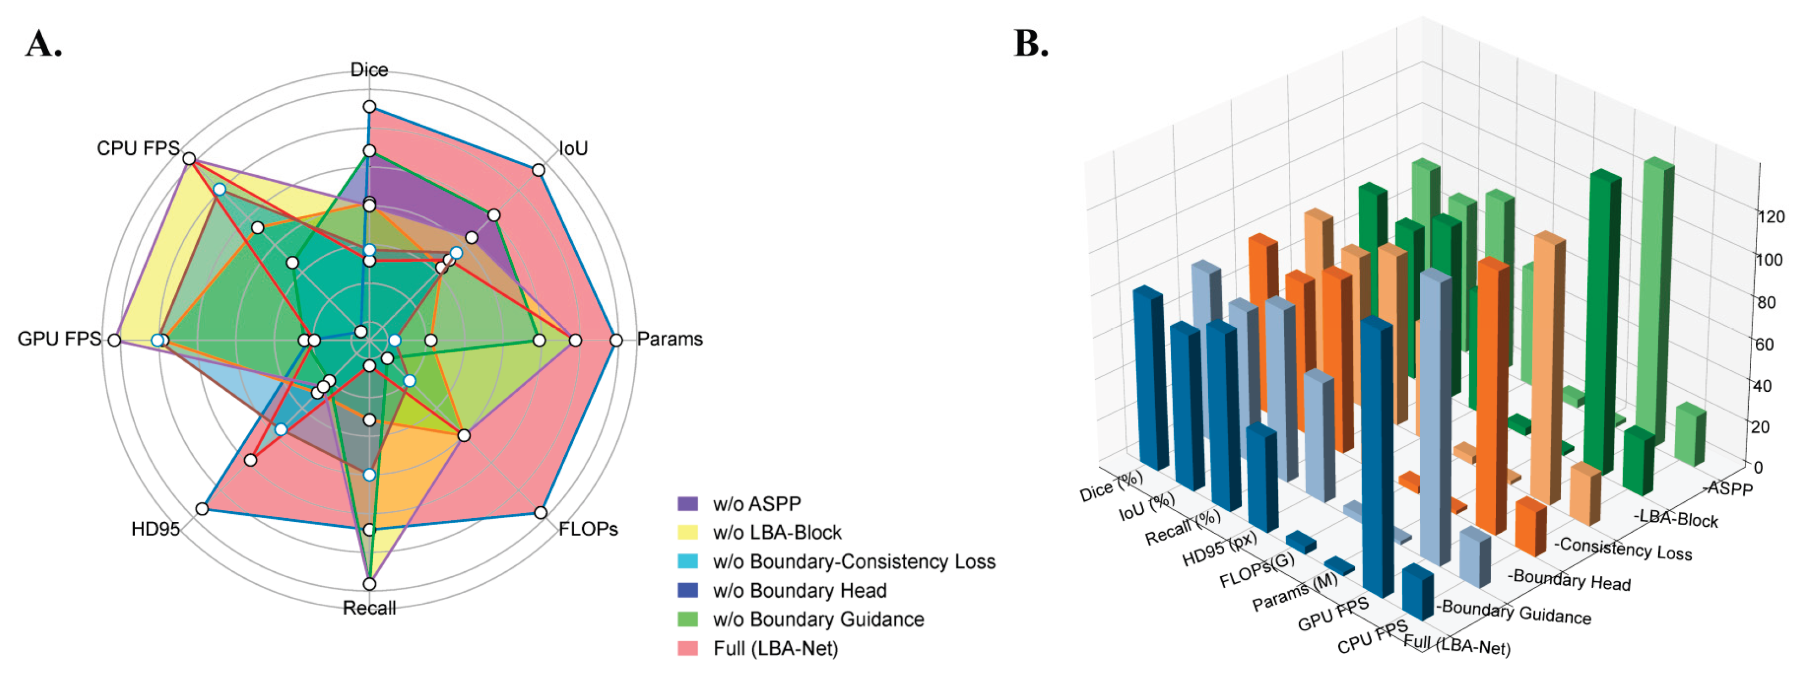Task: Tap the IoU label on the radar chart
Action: (x=573, y=148)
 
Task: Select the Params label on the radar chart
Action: (x=669, y=339)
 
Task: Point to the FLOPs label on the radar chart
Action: (x=588, y=530)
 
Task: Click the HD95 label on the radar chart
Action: (x=155, y=530)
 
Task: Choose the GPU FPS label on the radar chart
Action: (x=60, y=339)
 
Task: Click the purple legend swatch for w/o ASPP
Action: (x=687, y=503)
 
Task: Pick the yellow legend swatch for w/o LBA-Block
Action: (x=687, y=533)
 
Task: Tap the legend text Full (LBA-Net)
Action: (x=775, y=649)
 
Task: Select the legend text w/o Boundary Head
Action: (x=799, y=591)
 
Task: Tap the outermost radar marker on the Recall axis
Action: (x=369, y=584)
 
